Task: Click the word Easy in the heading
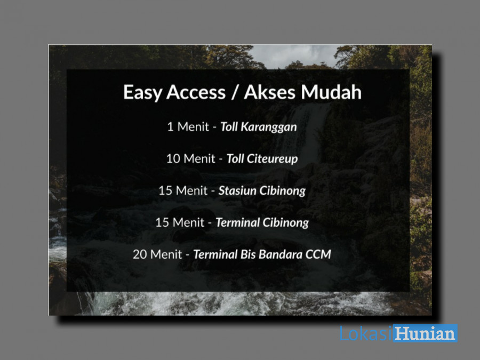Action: (142, 92)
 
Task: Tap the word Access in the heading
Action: (196, 92)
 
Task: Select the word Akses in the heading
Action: (268, 92)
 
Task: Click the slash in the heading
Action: (235, 92)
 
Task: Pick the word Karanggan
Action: (269, 127)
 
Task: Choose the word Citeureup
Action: (272, 159)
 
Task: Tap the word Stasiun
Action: (237, 191)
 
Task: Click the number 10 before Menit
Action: (173, 159)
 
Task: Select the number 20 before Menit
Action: (140, 254)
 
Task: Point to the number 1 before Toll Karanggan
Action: (170, 127)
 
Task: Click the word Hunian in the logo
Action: (426, 333)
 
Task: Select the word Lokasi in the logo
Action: (365, 333)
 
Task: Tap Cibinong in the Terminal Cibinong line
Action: (285, 222)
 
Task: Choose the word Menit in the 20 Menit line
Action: (166, 254)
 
